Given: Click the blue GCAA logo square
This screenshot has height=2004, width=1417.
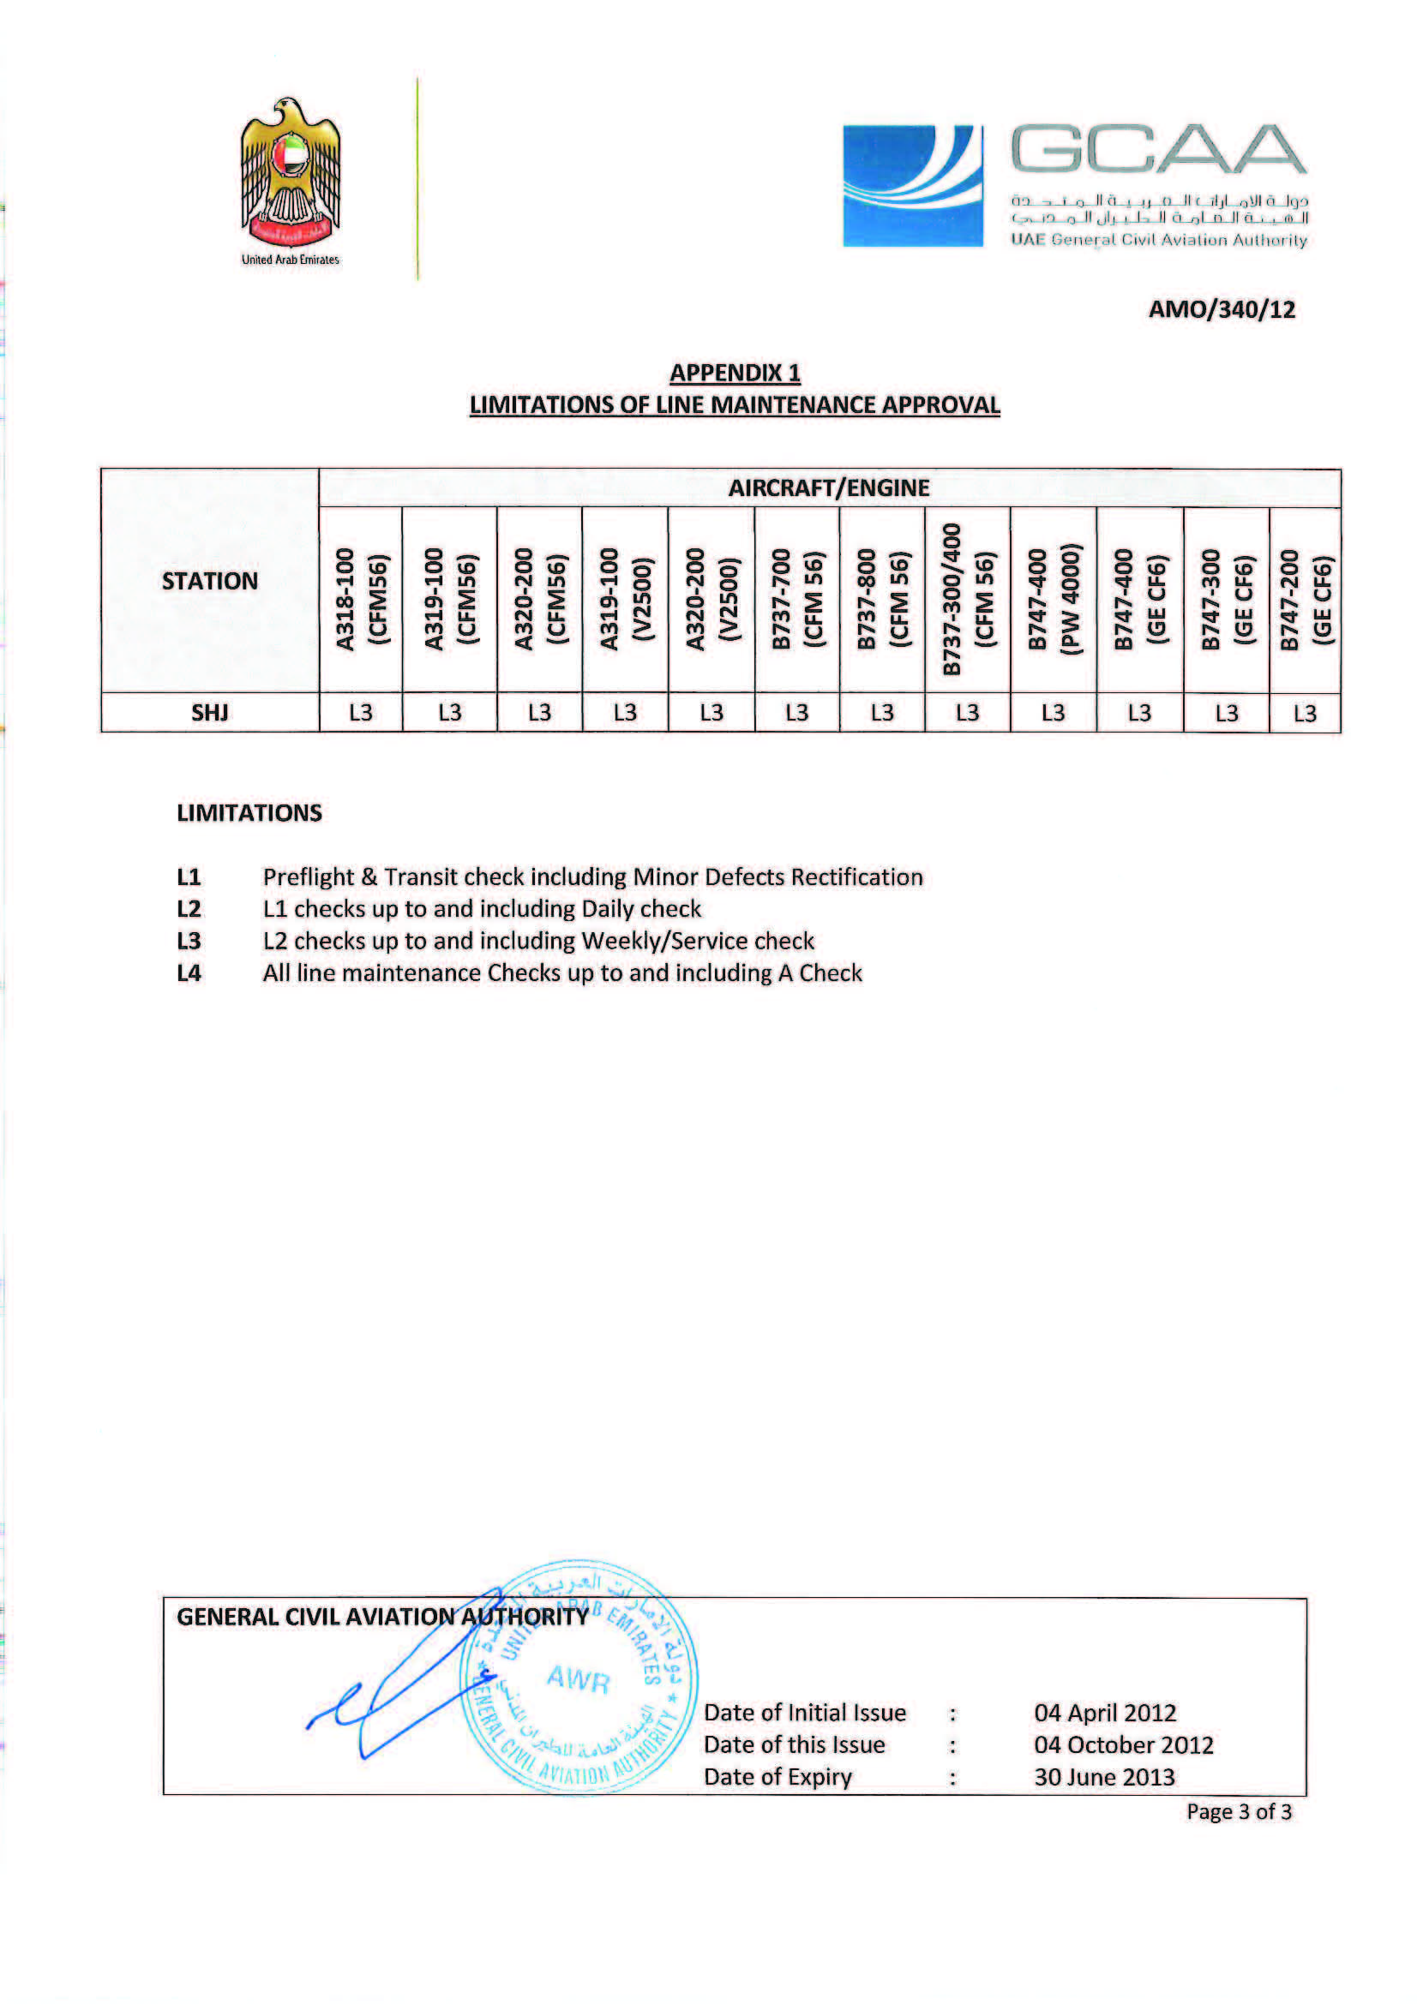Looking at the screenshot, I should [x=911, y=185].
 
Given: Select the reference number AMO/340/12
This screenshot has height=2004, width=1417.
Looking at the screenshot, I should [x=1221, y=310].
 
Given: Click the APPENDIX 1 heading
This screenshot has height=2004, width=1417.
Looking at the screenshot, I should [x=735, y=373].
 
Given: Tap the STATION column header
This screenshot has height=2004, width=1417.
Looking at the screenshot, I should [x=209, y=581].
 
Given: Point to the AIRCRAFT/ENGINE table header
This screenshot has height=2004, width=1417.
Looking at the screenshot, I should [x=829, y=488].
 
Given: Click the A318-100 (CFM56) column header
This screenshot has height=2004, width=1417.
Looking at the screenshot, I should [x=361, y=600].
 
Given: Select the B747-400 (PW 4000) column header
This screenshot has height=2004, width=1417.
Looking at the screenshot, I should [x=1053, y=600].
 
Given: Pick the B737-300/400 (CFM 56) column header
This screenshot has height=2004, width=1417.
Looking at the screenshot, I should [x=967, y=600].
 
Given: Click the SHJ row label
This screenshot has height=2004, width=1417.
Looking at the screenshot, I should [x=209, y=713].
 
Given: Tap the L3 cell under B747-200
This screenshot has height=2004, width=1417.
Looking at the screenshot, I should [x=1305, y=713].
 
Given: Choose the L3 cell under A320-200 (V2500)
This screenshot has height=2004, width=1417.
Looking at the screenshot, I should [x=711, y=713].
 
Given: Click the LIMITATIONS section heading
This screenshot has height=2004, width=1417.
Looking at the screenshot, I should [x=249, y=813].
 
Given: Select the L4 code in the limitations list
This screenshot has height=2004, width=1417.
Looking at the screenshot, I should [x=189, y=973].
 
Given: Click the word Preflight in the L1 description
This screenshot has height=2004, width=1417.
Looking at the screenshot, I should [x=303, y=877].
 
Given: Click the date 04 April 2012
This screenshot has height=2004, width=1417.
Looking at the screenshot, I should [x=1104, y=1713].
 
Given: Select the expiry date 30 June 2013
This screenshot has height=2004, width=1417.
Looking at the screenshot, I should [x=1103, y=1777].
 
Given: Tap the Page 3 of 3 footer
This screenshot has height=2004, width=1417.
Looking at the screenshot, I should [x=1238, y=1812].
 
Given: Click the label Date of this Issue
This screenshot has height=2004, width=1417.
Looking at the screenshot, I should [x=794, y=1744].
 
